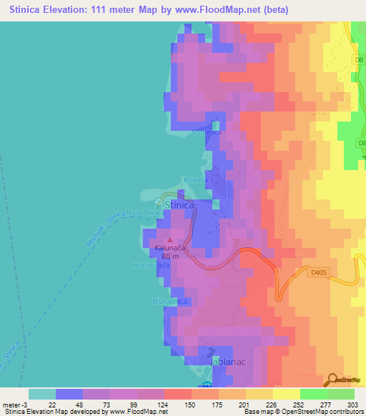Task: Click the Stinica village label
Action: coord(179,206)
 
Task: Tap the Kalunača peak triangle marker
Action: coord(169,240)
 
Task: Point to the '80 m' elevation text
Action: coord(170,256)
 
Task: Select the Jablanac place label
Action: coord(229,363)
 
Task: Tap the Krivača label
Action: coord(196,180)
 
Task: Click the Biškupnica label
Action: coord(169,302)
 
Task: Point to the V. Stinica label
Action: coord(206,132)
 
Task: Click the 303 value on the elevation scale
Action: coord(353,404)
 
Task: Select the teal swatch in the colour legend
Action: coord(42,394)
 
